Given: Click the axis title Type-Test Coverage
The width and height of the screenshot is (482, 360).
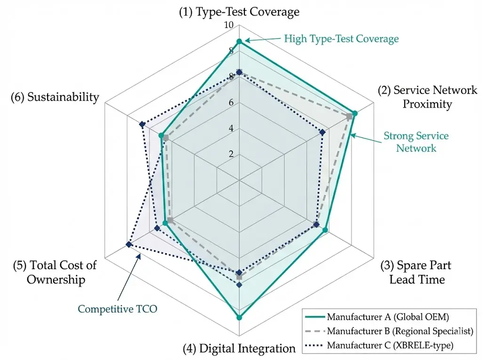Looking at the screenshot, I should (239, 12).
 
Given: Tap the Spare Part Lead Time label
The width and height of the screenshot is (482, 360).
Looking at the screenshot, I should (415, 272).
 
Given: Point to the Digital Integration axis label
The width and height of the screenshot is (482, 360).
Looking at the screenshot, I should (239, 349).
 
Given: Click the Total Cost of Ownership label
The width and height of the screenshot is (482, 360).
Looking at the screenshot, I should (56, 272).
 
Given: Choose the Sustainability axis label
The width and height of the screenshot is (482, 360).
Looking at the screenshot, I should (55, 97).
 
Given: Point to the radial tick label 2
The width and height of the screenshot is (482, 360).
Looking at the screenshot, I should (231, 154).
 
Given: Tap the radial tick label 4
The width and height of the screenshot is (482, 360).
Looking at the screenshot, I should (231, 128).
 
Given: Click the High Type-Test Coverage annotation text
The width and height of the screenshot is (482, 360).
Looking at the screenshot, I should (341, 39).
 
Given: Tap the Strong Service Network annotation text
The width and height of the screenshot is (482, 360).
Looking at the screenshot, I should (416, 142).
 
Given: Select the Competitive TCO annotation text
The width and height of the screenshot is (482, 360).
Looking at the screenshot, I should (117, 309).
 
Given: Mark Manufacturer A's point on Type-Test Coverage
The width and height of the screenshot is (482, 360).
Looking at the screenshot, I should (239, 42).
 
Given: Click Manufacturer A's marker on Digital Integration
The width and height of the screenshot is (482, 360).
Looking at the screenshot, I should (239, 318).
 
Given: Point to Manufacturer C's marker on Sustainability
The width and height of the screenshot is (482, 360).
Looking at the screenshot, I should (142, 125).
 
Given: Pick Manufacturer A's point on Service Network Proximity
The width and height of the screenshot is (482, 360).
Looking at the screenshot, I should (355, 113).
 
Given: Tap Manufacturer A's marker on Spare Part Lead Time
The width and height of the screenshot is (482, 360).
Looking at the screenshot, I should (325, 230).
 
